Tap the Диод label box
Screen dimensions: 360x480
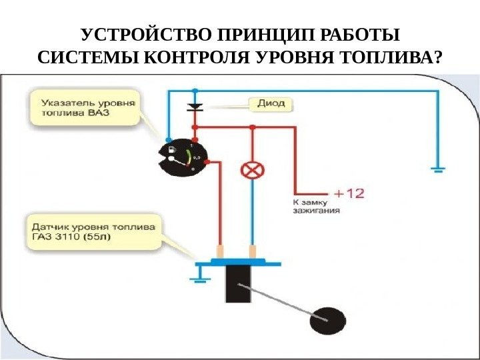coord(270,104)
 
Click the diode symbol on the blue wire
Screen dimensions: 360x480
coord(195,107)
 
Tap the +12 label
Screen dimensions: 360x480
coord(349,193)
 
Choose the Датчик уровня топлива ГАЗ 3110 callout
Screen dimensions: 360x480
coord(94,231)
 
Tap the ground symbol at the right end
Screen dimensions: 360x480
coord(437,169)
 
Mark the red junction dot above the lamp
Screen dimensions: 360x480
coord(251,126)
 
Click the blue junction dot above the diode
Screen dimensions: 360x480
coord(195,89)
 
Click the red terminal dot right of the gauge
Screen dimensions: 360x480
coord(207,162)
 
